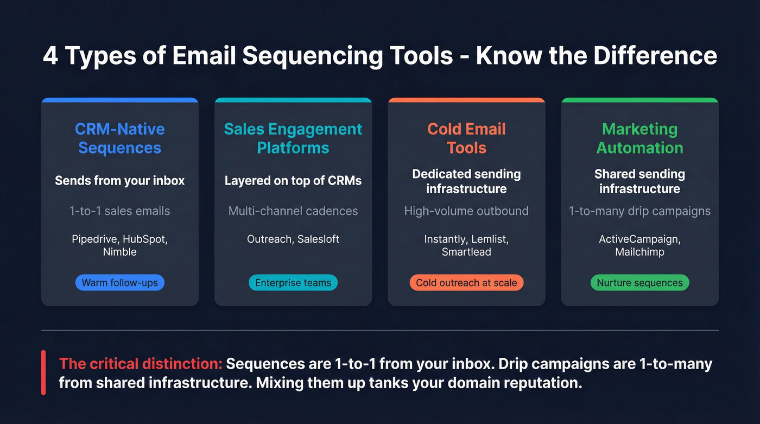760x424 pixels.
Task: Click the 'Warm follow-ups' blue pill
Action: [119, 283]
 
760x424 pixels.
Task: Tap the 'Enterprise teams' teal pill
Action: [293, 283]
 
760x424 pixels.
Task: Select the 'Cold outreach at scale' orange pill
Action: [466, 283]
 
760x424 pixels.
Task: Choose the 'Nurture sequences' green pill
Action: [639, 283]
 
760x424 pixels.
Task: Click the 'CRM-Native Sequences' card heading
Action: [119, 138]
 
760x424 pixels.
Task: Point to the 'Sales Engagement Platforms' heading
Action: [293, 138]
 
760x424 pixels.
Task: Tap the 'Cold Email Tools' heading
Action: [466, 138]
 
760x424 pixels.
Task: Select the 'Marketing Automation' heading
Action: [639, 138]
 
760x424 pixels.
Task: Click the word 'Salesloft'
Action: [318, 239]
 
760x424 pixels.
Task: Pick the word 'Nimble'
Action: [119, 252]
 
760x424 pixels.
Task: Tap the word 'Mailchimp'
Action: [639, 252]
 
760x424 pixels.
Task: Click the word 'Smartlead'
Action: [466, 252]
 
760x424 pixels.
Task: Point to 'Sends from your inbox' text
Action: [119, 181]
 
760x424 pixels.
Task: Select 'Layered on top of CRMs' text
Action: [293, 181]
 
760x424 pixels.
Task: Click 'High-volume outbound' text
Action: [466, 211]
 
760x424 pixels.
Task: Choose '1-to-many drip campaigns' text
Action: [639, 211]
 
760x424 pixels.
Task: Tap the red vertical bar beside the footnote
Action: [43, 372]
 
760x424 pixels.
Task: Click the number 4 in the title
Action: [50, 56]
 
